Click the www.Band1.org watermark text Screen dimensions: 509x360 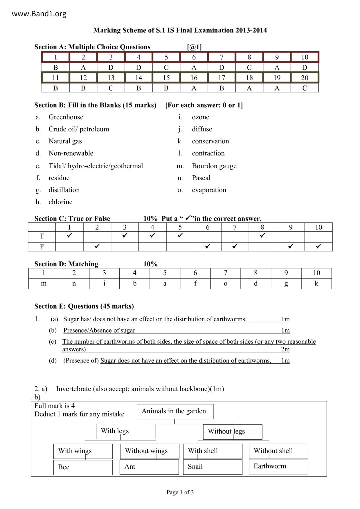coord(39,14)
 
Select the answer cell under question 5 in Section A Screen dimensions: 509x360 coord(166,68)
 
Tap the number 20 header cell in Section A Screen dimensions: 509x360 coord(305,78)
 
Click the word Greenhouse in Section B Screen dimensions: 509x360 coord(66,117)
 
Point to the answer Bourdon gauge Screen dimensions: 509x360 coord(214,166)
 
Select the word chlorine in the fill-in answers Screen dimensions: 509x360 coord(60,202)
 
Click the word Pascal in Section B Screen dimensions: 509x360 coord(201,178)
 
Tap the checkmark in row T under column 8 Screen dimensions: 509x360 coord(262,235)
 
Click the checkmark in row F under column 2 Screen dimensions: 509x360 coord(97,246)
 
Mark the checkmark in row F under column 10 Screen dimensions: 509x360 coord(318,246)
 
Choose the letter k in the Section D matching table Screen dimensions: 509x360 coord(316,284)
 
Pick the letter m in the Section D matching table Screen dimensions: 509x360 coord(44,284)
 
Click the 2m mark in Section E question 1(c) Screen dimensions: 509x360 coord(285,349)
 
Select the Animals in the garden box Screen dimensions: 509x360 coord(175,411)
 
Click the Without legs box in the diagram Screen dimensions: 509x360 coord(233,432)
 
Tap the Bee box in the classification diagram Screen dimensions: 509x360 coord(83,467)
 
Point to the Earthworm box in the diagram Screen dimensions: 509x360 coord(278,466)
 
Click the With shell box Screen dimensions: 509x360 coord(213,451)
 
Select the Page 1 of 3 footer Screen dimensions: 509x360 coord(180,492)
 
